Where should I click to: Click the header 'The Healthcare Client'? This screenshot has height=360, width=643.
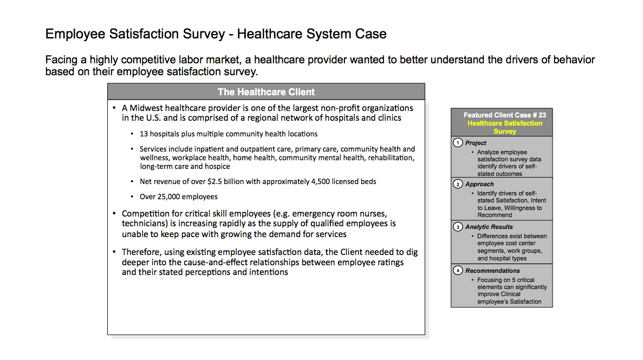coord(266,92)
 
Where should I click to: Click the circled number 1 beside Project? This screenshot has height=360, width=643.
coord(458,143)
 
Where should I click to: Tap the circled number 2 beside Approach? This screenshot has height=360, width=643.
coord(458,184)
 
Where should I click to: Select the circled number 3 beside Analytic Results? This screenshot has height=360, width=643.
coord(458,227)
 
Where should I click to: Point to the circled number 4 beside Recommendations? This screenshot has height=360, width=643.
coord(458,271)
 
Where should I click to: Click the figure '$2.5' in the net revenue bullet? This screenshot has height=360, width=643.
coord(215,182)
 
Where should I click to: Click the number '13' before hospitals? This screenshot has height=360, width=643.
coord(144,134)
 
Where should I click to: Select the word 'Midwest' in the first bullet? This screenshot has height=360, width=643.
coord(146,108)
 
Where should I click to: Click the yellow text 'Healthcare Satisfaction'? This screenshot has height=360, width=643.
coord(505,123)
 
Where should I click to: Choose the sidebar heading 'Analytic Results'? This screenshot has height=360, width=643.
coord(489,227)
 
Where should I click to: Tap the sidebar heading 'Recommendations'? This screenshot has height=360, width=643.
coord(492,271)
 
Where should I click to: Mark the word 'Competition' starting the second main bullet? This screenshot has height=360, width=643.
coord(146,214)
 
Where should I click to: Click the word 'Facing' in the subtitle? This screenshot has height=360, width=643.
coord(62,60)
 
